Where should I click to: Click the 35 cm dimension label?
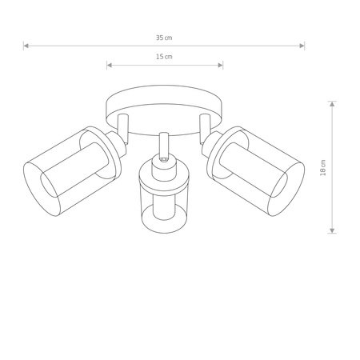[164, 38]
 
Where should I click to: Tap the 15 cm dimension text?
[164, 58]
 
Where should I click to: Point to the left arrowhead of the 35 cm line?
[26, 46]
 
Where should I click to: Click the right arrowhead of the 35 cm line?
[302, 46]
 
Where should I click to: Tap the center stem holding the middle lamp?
[163, 144]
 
